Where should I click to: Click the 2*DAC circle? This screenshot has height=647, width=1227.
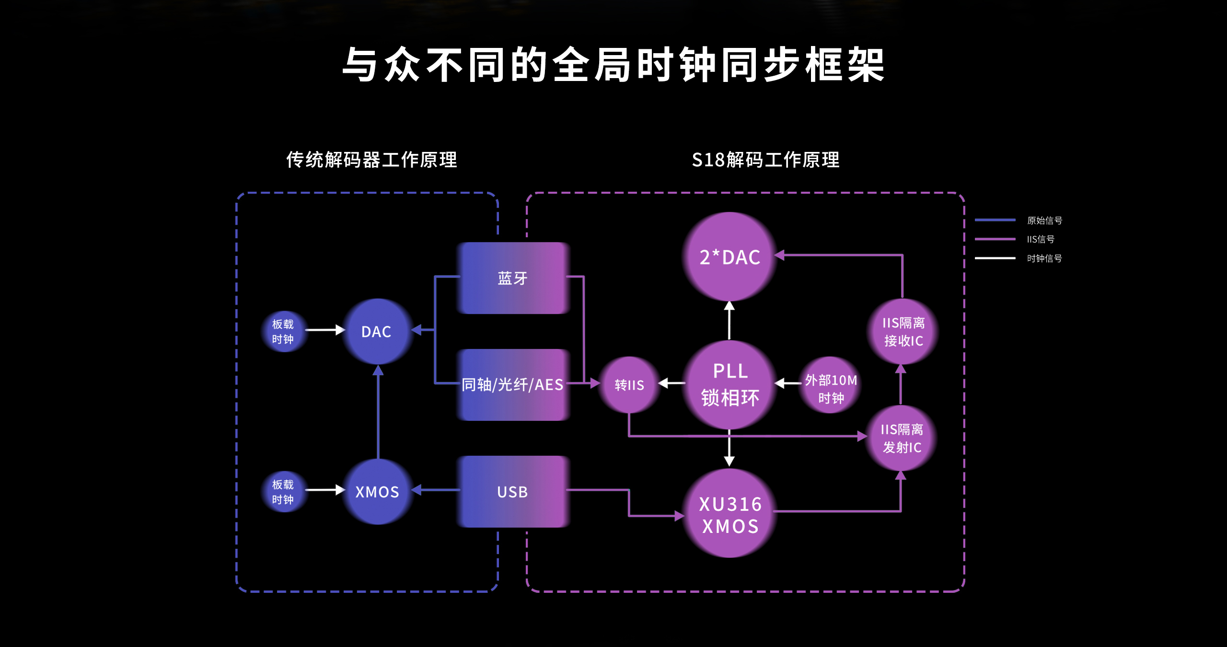pyautogui.click(x=729, y=257)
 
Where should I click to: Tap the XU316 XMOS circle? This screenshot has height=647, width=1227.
pyautogui.click(x=729, y=514)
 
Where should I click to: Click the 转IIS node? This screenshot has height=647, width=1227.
pyautogui.click(x=629, y=384)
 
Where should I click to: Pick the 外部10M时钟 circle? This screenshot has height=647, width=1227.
pyautogui.click(x=831, y=385)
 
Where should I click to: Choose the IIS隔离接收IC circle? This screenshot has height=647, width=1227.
pyautogui.click(x=903, y=332)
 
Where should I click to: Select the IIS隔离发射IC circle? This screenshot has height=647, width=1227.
pyautogui.click(x=902, y=438)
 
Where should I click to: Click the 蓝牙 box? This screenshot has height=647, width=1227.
pyautogui.click(x=513, y=278)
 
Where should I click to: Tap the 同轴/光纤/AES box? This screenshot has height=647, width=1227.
pyautogui.click(x=513, y=385)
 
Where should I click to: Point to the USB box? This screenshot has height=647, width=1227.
pyautogui.click(x=513, y=492)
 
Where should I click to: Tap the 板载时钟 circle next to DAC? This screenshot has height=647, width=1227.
pyautogui.click(x=283, y=332)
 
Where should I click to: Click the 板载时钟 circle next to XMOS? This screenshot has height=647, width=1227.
pyautogui.click(x=283, y=492)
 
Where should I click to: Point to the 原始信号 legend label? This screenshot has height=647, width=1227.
pyautogui.click(x=1044, y=220)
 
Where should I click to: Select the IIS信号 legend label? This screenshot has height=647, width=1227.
pyautogui.click(x=1041, y=239)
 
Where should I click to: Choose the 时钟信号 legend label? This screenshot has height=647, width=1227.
pyautogui.click(x=1044, y=258)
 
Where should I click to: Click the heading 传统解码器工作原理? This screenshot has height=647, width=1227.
pyautogui.click(x=371, y=160)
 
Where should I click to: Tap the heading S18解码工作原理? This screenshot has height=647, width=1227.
pyautogui.click(x=765, y=160)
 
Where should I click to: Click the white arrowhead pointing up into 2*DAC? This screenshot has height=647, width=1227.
pyautogui.click(x=729, y=306)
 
